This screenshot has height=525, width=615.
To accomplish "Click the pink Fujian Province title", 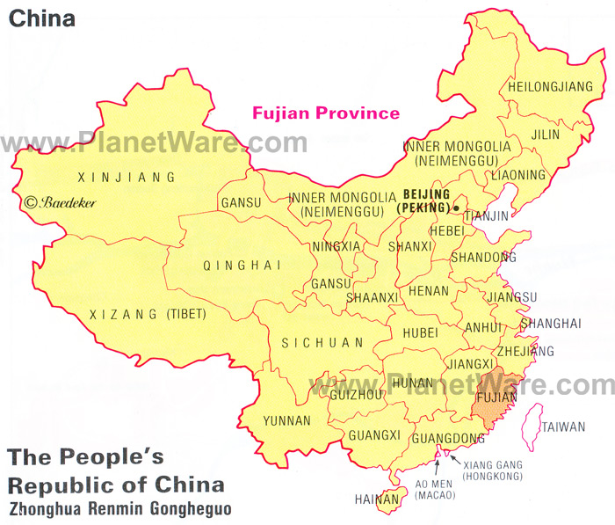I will coord(326,113).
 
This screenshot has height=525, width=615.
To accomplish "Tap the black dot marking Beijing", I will coord(457,208).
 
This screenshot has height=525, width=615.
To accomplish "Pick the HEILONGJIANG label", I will coord(553,86).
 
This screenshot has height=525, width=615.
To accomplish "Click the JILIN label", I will coord(544,134).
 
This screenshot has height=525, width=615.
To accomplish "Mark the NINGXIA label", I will coord(336,246).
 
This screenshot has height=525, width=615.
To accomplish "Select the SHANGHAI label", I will coord(551,324).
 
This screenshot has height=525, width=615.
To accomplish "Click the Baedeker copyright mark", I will coord(61,202).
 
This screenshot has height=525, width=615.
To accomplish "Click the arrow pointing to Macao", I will coord(437,461).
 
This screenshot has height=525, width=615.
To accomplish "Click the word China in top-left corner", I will coord(41,18).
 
